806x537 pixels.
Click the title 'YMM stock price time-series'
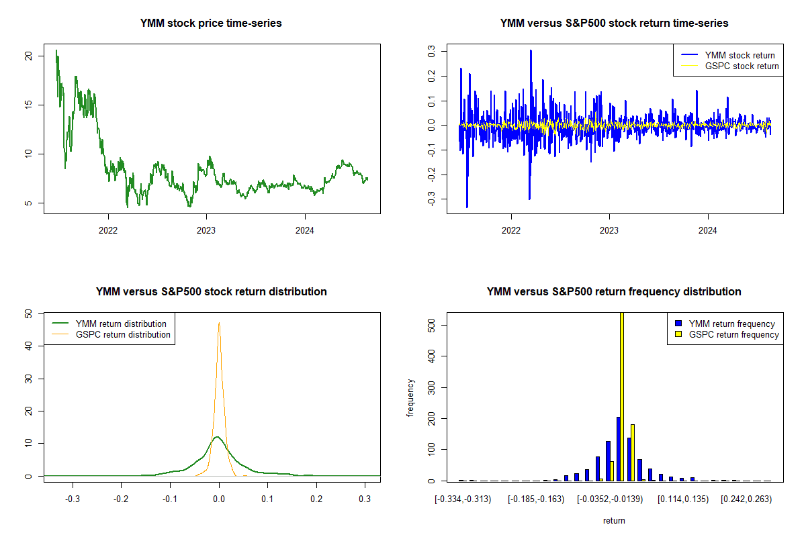pos(211,23)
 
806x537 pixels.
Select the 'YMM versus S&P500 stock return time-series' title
pos(614,23)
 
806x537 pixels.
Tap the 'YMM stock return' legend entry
pos(740,56)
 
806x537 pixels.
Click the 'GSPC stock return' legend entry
pos(742,66)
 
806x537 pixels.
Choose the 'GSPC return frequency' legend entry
pos(734,334)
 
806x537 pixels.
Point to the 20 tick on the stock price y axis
pos(28,56)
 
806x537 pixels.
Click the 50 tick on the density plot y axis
pos(28,313)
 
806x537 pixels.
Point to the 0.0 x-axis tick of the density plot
pos(218,499)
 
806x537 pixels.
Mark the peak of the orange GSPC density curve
pos(218,323)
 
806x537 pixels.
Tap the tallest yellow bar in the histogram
pos(622,396)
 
